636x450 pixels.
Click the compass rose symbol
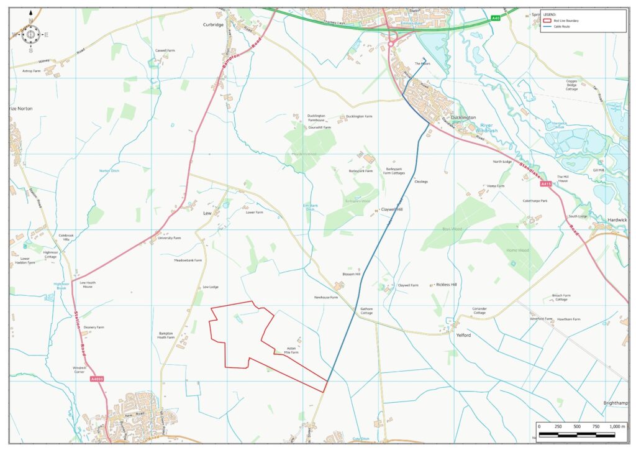pyautogui.click(x=30, y=34)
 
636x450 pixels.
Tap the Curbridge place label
pyautogui.click(x=213, y=25)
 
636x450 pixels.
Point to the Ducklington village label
pyautogui.click(x=463, y=117)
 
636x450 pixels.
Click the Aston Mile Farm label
pyautogui.click(x=291, y=351)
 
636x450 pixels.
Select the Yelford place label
pyautogui.click(x=463, y=335)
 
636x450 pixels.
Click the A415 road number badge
pyautogui.click(x=545, y=184)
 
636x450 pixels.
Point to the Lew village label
pyautogui.click(x=208, y=213)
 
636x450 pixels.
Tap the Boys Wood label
pyautogui.click(x=450, y=230)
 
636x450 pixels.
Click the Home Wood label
pyautogui.click(x=517, y=250)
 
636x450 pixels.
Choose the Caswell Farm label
pyautogui.click(x=165, y=50)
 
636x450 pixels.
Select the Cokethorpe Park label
pyautogui.click(x=535, y=201)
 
